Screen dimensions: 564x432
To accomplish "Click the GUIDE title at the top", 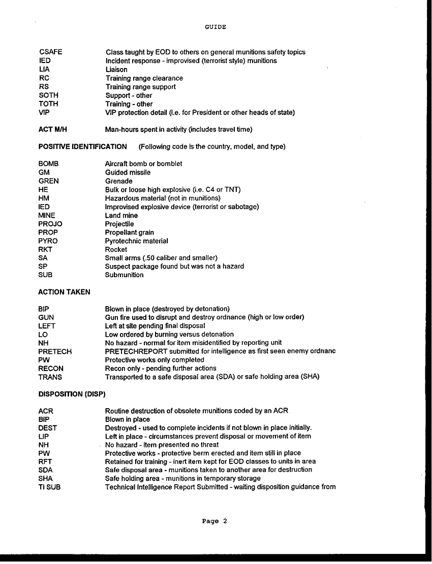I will coord(215,27).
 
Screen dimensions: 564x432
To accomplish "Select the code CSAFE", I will coord(50,52).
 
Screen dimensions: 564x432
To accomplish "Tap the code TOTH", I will coord(49,104).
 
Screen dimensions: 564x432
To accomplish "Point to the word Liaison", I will coord(116,70).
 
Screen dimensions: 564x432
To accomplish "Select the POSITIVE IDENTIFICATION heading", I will coord(83,147).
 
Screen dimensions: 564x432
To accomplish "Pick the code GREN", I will coord(49,181).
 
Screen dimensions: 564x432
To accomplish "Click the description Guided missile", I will coord(128,173).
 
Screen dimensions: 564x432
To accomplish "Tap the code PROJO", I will coord(50,224).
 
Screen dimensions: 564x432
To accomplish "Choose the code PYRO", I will coord(48,241).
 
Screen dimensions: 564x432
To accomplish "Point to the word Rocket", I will coord(116,250).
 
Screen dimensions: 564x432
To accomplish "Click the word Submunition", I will coord(124,275).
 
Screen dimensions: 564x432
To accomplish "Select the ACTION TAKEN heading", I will coord(64,292).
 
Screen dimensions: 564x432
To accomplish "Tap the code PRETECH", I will coord(55,351).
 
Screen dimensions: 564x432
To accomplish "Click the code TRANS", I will coord(50,377).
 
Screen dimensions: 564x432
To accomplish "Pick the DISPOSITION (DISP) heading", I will coord(72,394).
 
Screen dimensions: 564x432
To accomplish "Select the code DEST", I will coord(48,428).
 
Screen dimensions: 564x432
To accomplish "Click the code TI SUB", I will coord(49,487).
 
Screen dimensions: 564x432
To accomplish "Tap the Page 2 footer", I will coord(214,521).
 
